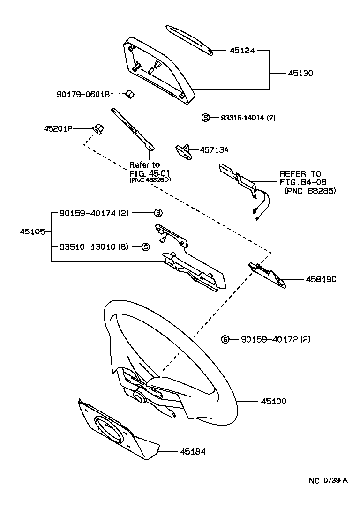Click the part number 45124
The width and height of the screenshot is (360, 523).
(242, 51)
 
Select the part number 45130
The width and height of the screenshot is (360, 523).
(300, 74)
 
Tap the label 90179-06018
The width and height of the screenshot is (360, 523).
(83, 94)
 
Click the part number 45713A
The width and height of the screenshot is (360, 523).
(214, 150)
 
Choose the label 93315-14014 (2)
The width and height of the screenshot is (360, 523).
(248, 118)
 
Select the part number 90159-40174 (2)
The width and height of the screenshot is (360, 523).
(93, 213)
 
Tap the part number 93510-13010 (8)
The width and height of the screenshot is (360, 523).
(93, 247)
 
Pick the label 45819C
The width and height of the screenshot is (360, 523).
(321, 279)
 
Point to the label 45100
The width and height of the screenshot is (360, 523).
(271, 402)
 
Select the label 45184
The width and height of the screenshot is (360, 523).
(193, 452)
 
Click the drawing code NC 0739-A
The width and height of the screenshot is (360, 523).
(328, 481)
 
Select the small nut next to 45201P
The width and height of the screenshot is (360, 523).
(98, 128)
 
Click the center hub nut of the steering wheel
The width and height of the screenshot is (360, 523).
(138, 396)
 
